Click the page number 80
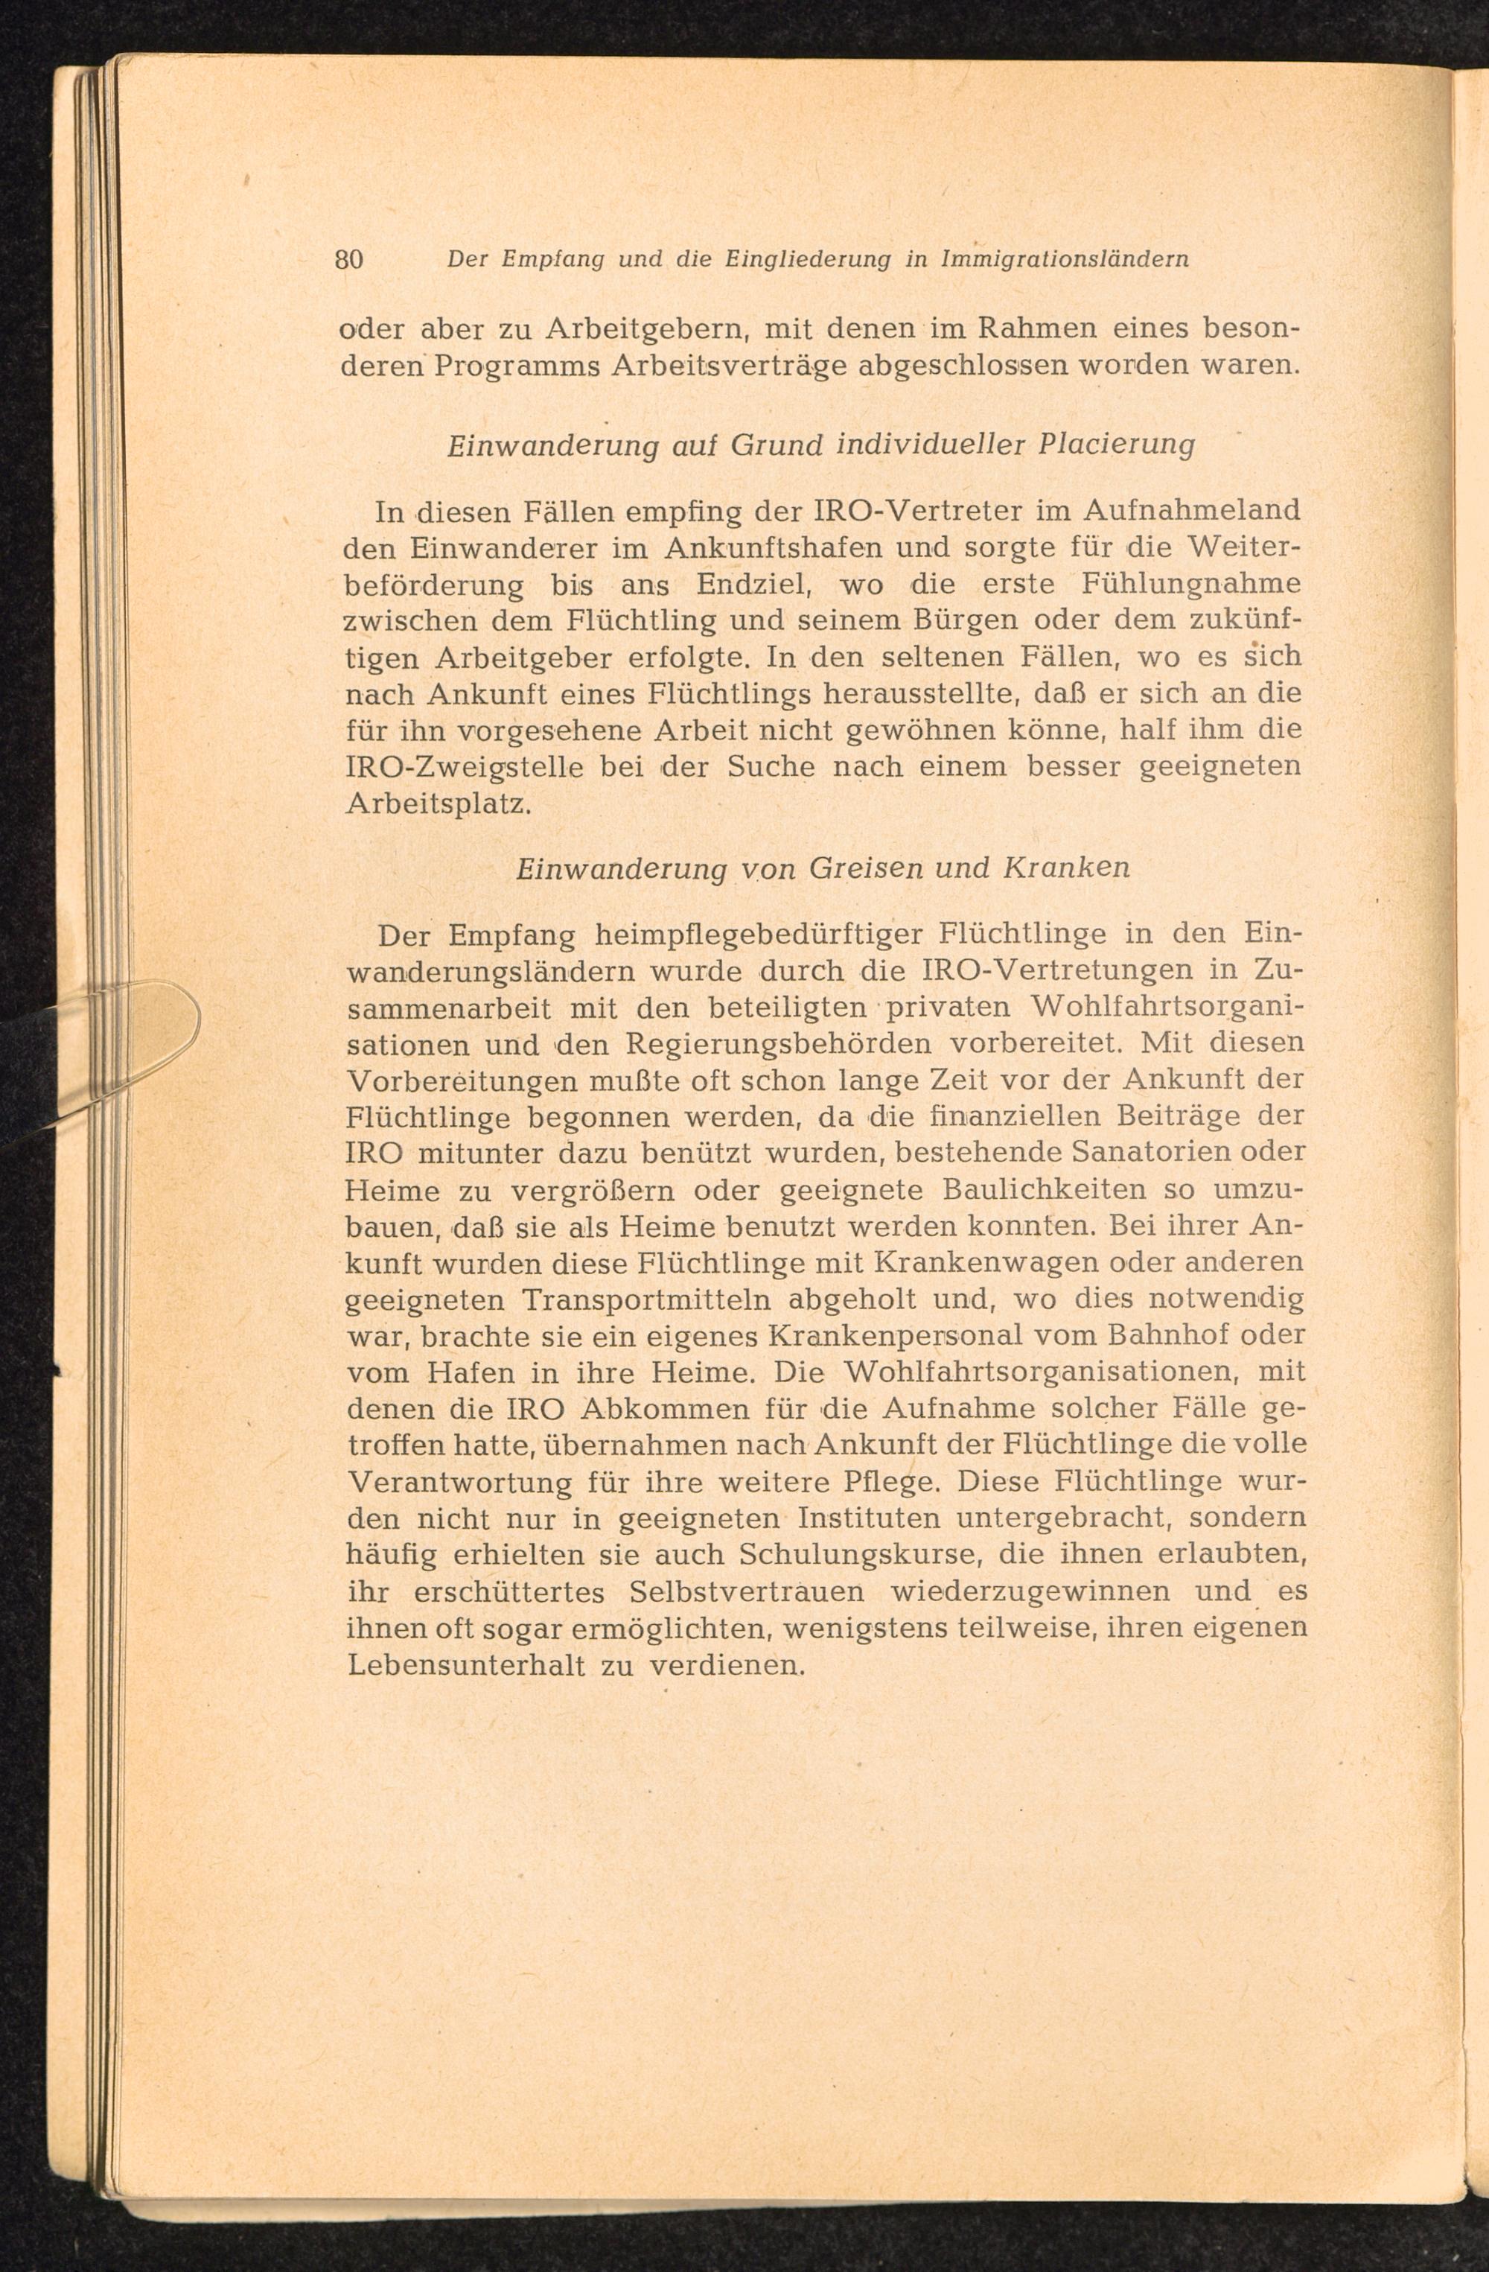coord(349,260)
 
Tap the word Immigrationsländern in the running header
coord(1064,260)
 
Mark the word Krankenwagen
coord(975,1263)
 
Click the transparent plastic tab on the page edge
coord(158,1026)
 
